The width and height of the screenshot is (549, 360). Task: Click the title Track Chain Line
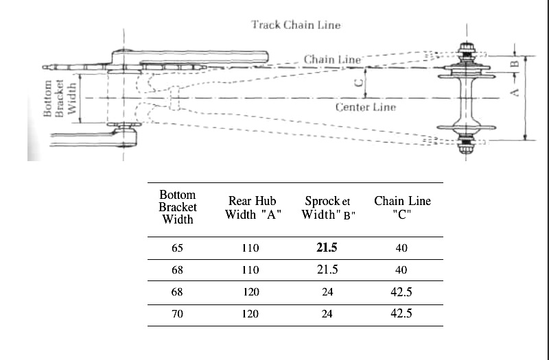tap(296, 25)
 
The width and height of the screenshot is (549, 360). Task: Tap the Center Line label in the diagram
tap(365, 108)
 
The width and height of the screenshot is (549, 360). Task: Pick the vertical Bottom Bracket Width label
tap(58, 99)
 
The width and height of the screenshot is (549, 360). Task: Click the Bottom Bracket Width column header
tap(177, 207)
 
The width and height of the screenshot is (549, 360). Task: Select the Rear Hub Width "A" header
tap(251, 207)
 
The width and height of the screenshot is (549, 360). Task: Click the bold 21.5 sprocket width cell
tap(327, 248)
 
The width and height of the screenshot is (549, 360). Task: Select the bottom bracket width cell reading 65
tap(176, 248)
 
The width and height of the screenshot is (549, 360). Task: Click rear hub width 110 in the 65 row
tap(251, 248)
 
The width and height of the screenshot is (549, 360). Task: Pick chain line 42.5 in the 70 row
tap(401, 314)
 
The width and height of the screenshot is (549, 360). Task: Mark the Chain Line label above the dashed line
tap(332, 60)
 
